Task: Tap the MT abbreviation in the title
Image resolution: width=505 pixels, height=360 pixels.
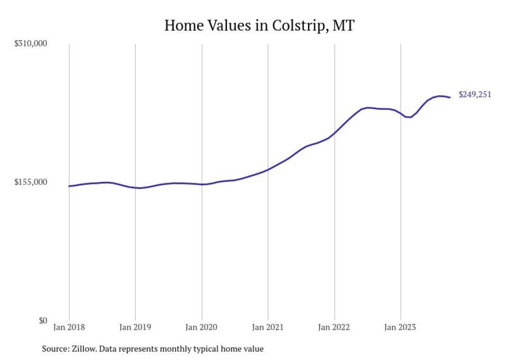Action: [343, 25]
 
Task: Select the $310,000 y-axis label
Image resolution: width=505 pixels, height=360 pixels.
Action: [30, 44]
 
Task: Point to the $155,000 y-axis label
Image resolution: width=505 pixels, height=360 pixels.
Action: [30, 182]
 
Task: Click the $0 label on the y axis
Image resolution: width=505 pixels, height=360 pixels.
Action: [42, 320]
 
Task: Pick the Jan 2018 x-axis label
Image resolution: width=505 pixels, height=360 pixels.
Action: [69, 327]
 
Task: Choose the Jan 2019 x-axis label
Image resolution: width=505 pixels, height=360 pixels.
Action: [135, 327]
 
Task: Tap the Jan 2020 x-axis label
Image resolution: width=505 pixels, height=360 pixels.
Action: [201, 327]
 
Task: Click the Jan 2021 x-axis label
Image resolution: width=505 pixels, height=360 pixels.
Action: [268, 327]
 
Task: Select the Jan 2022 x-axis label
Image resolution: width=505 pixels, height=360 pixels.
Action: [334, 327]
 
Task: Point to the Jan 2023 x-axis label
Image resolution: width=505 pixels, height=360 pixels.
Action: [400, 327]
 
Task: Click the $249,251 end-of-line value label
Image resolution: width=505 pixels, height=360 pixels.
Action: [475, 95]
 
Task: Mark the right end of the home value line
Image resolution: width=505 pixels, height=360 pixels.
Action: [450, 97]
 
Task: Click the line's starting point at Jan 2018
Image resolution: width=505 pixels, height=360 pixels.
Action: [69, 186]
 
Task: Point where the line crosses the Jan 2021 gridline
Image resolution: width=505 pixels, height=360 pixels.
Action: [268, 169]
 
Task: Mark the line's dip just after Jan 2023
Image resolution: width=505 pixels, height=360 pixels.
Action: [409, 117]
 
